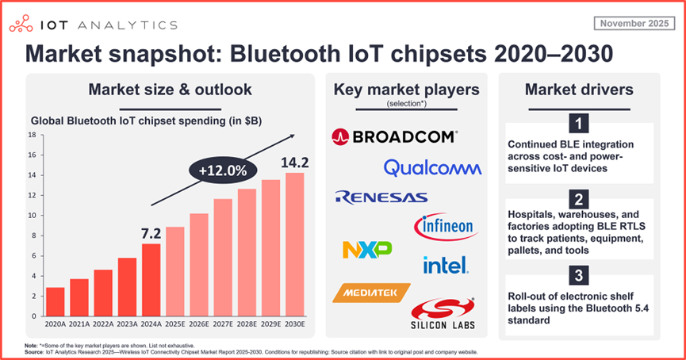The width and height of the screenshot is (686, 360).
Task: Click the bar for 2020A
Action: (55, 301)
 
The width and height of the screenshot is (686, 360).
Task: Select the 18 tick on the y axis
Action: (33, 135)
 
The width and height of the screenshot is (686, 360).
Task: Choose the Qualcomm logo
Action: (432, 167)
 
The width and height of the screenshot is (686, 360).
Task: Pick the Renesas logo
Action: (381, 197)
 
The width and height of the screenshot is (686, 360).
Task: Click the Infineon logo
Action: (445, 228)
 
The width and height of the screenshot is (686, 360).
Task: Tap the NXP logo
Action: (367, 250)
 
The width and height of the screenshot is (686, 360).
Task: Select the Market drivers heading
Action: (579, 90)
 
